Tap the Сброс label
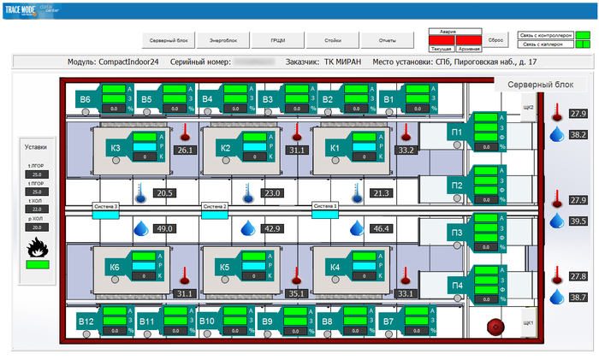[x=495, y=39]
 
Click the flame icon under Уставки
[x=38, y=247]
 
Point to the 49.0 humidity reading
[x=164, y=229]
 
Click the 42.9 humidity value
[x=272, y=229]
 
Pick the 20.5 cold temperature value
[x=164, y=193]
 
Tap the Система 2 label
[x=214, y=206]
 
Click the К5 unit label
[x=225, y=268]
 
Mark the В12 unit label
[x=86, y=322]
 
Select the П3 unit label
[x=457, y=233]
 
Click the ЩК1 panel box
[x=528, y=322]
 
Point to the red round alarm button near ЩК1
[x=494, y=325]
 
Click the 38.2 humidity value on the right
[x=578, y=135]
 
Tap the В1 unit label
[x=388, y=99]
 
